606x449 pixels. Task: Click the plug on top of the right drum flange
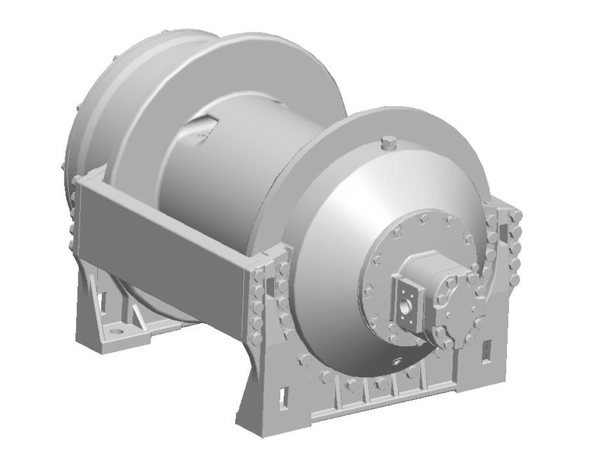[387, 144]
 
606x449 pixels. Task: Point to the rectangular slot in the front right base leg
[485, 351]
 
